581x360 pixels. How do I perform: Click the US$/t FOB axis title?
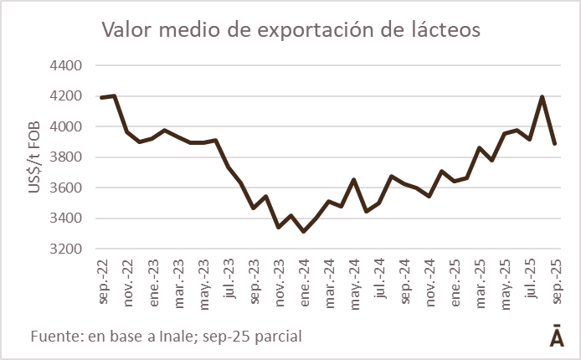pyautogui.click(x=34, y=157)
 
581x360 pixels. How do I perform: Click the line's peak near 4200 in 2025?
pyautogui.click(x=542, y=97)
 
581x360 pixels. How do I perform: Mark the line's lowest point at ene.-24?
pyautogui.click(x=304, y=232)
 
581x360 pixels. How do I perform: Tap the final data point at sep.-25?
pyautogui.click(x=555, y=144)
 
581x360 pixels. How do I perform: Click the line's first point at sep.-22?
pyautogui.click(x=101, y=98)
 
